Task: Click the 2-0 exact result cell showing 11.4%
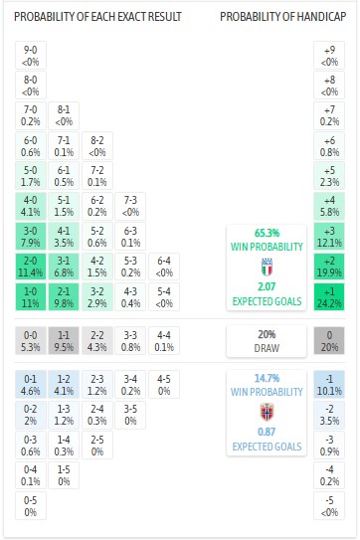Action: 30,267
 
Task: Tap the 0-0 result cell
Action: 30,341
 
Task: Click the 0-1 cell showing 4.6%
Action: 30,385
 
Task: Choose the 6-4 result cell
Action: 164,267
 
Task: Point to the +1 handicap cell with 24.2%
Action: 329,296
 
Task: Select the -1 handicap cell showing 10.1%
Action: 329,385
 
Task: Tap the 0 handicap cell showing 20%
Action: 329,341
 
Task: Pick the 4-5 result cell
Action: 164,385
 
